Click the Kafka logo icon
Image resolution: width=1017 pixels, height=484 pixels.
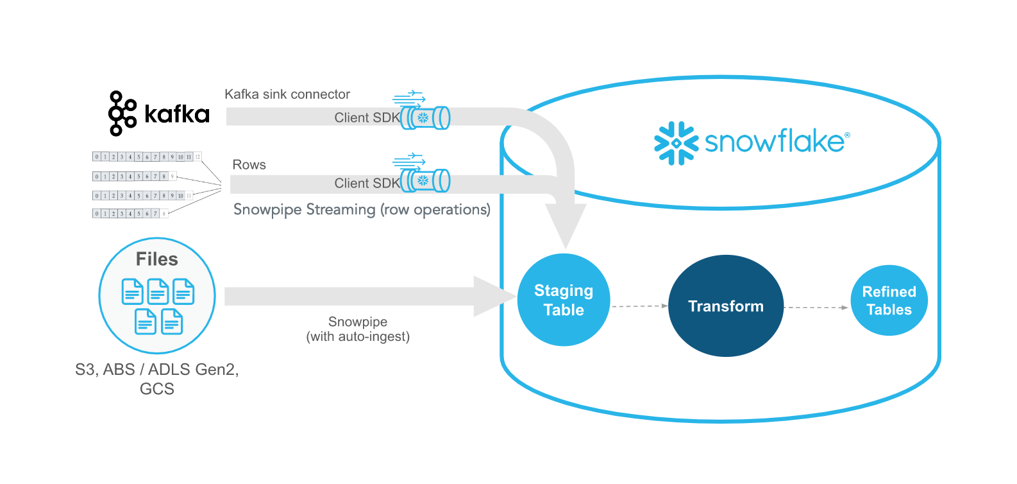coord(122,114)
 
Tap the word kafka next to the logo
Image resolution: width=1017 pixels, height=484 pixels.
coord(177,114)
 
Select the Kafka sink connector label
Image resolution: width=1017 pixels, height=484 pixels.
coord(287,94)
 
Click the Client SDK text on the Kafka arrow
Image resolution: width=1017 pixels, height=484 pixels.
coord(367,118)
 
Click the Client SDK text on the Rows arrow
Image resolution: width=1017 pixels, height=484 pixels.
coord(367,184)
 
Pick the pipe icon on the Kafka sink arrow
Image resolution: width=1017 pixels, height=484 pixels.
coord(426,118)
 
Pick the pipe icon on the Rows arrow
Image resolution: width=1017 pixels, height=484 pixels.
coord(426,181)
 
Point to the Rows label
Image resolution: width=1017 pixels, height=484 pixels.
coord(249,165)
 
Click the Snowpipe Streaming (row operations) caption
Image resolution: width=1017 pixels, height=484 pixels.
coord(362,210)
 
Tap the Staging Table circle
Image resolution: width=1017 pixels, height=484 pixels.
coord(563,300)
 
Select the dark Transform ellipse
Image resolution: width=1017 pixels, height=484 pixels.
coord(725,306)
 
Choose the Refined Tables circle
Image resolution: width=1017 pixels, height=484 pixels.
coord(889,300)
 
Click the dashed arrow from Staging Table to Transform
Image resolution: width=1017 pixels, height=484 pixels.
coord(639,306)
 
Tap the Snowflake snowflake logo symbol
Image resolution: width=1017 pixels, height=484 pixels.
coord(676,143)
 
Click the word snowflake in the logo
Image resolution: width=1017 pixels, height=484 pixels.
coord(775,142)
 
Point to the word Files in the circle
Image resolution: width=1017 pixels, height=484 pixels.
coord(156,259)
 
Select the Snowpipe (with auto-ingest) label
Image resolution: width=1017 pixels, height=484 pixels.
coord(358,329)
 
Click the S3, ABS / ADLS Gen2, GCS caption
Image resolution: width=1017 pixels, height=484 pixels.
coord(156,379)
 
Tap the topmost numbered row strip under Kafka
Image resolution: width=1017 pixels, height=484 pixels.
coord(146,157)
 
